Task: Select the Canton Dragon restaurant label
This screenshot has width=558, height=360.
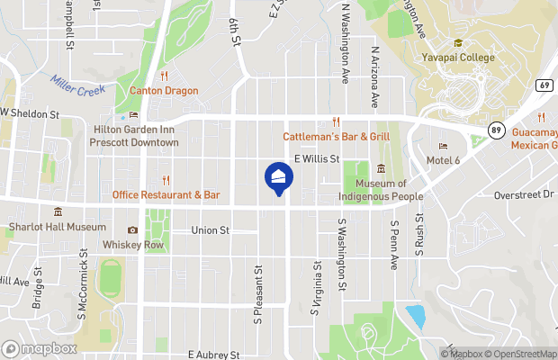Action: [163, 90]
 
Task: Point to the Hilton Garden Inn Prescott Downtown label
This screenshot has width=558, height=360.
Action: [136, 136]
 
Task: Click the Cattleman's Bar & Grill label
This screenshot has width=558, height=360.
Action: [336, 136]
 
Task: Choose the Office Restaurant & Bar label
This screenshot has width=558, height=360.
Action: [166, 194]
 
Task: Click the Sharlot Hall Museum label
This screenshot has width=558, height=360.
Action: [57, 227]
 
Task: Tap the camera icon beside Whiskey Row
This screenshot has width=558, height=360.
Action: [133, 230]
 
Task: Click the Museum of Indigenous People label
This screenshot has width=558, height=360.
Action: [380, 190]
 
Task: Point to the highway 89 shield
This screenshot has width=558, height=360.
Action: [495, 130]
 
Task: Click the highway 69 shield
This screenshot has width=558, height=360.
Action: [544, 85]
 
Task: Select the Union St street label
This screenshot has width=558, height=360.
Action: [211, 230]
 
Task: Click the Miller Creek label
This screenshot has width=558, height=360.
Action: [78, 88]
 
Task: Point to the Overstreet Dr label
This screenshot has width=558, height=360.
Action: [526, 193]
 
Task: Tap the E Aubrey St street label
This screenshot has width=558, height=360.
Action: [214, 355]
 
